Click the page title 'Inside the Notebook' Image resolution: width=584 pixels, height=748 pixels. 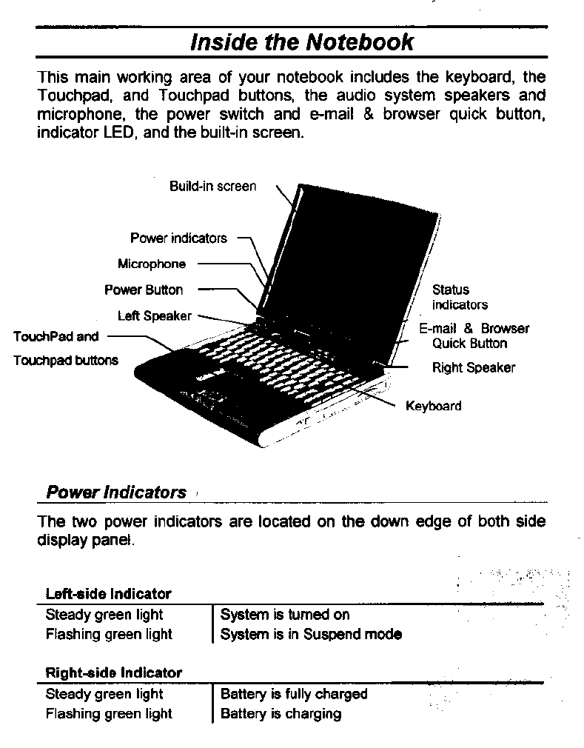click(x=302, y=42)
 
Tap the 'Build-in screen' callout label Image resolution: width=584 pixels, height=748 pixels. click(x=212, y=187)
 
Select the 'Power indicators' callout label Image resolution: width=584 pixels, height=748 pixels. click(x=178, y=238)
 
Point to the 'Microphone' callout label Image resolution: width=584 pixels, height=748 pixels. click(x=152, y=264)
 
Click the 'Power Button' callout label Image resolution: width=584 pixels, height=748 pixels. click(x=144, y=290)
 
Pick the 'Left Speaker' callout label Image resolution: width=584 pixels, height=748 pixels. click(x=154, y=316)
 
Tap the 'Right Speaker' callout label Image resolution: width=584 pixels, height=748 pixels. click(x=474, y=368)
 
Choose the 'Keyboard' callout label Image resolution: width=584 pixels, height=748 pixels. click(x=433, y=406)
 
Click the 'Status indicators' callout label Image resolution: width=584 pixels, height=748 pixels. click(x=460, y=297)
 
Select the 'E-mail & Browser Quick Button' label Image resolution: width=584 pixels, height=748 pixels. click(x=474, y=335)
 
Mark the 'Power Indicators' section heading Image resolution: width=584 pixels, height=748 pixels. click(x=116, y=492)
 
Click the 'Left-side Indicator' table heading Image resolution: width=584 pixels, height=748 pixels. click(x=108, y=594)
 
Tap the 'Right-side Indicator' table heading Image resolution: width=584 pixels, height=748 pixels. click(x=113, y=673)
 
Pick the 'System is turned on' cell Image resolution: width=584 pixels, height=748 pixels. click(x=285, y=615)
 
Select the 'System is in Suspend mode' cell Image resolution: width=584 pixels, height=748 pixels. click(x=311, y=635)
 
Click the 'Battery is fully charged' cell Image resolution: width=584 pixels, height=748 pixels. click(x=294, y=694)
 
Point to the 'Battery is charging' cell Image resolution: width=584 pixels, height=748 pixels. click(x=281, y=714)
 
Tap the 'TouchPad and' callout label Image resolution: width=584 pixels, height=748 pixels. click(x=56, y=336)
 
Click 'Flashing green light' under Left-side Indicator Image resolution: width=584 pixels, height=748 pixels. click(x=109, y=635)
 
